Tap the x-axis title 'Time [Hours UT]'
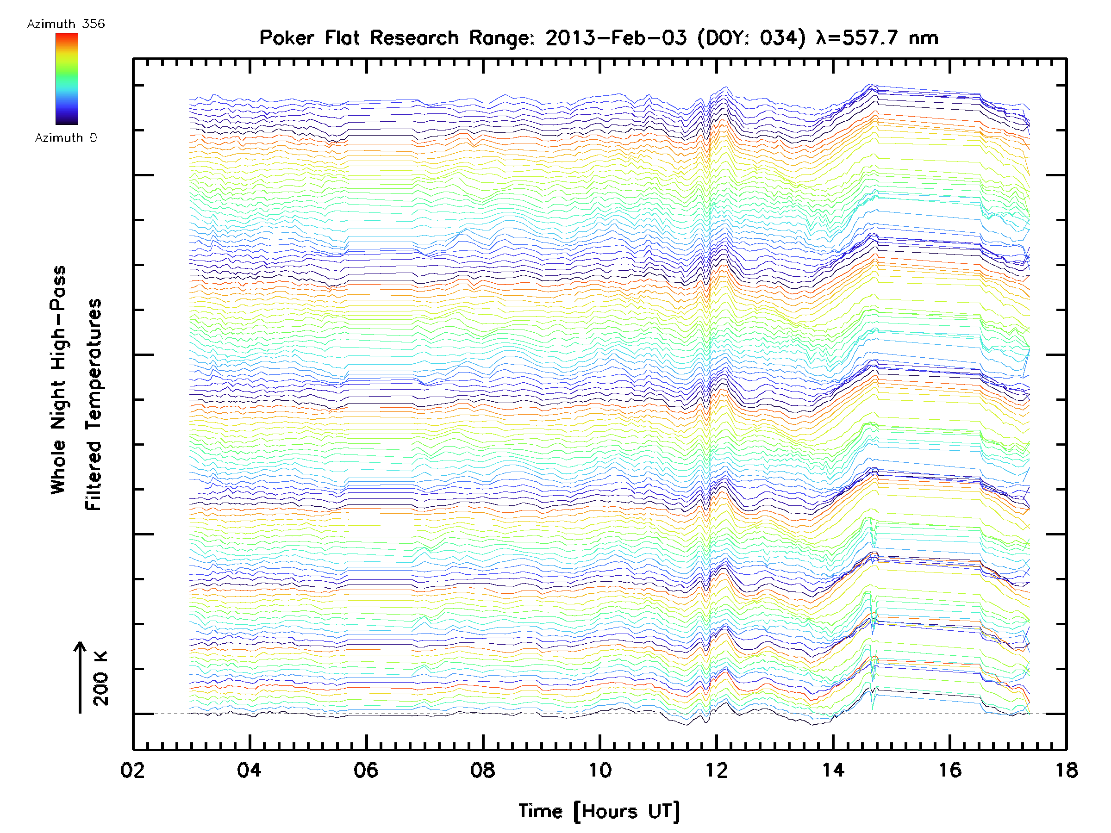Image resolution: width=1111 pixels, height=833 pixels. pos(599,811)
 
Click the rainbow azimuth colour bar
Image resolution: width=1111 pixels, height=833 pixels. pos(67,79)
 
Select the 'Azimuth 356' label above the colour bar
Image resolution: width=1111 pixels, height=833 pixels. pos(66,24)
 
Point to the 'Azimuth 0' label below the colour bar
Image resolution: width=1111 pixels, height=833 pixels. pos(66,138)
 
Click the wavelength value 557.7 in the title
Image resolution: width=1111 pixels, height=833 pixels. pos(869,38)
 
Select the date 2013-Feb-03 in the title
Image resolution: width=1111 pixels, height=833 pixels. pos(616,38)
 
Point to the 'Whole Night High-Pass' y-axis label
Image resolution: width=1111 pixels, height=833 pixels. pos(58,380)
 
